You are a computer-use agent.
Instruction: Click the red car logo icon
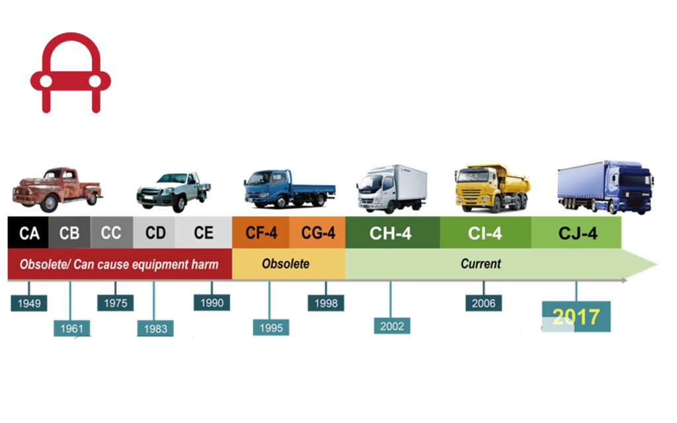coord(70,73)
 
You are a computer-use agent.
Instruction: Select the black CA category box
coord(28,233)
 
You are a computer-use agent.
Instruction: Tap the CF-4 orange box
coord(260,233)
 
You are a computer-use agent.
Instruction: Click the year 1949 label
coord(29,303)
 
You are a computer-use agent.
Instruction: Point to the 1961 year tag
coord(71,328)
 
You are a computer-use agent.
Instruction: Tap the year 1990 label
coord(212,303)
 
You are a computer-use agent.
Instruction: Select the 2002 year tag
coord(391,325)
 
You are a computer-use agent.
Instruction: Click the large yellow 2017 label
coord(576,317)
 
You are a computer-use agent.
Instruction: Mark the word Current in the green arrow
coord(481,264)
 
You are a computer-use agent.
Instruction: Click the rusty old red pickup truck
coord(58,186)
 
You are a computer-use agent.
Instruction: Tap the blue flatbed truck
coord(288,188)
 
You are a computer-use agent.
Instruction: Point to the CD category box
coord(155,233)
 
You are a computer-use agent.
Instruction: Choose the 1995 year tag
coord(270,327)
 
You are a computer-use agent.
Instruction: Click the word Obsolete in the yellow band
coord(286,264)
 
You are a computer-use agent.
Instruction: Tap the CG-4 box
coord(317,233)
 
